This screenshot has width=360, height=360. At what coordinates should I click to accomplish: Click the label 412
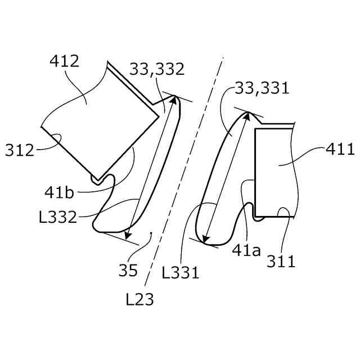click(x=64, y=61)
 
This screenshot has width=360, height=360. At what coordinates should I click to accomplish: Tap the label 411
click(x=340, y=149)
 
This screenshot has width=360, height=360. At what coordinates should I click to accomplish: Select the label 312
click(x=20, y=150)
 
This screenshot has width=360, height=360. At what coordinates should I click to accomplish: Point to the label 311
click(x=281, y=261)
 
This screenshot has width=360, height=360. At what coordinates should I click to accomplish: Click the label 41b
click(x=59, y=192)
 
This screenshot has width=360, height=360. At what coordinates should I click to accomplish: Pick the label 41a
click(x=246, y=250)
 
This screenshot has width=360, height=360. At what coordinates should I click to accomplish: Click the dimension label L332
click(x=57, y=217)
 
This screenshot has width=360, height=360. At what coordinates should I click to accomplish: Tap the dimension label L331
click(x=180, y=272)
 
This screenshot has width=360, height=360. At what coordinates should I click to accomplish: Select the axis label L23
click(x=139, y=299)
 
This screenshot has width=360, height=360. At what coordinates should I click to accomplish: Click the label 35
click(x=128, y=270)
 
